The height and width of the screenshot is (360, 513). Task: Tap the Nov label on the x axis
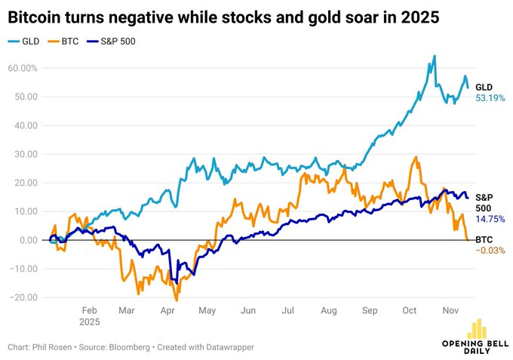point(451,309)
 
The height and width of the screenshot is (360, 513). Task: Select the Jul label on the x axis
point(288,309)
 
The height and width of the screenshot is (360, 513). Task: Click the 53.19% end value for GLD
point(489,99)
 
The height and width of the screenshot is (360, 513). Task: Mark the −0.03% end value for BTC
point(489,251)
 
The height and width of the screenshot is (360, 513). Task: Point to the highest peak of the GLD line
point(435,56)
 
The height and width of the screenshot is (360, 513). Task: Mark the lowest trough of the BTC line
point(177,300)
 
